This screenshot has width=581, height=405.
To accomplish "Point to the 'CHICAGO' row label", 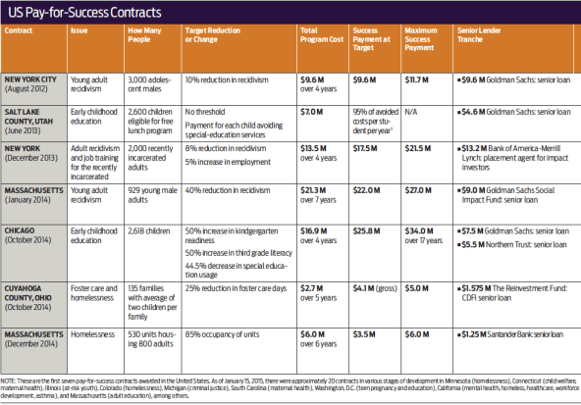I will point(23,231).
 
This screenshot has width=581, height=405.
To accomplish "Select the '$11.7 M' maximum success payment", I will point(418,77).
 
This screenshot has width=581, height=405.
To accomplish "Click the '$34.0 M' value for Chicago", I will point(418,231).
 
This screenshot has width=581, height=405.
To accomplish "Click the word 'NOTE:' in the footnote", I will point(12,379).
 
